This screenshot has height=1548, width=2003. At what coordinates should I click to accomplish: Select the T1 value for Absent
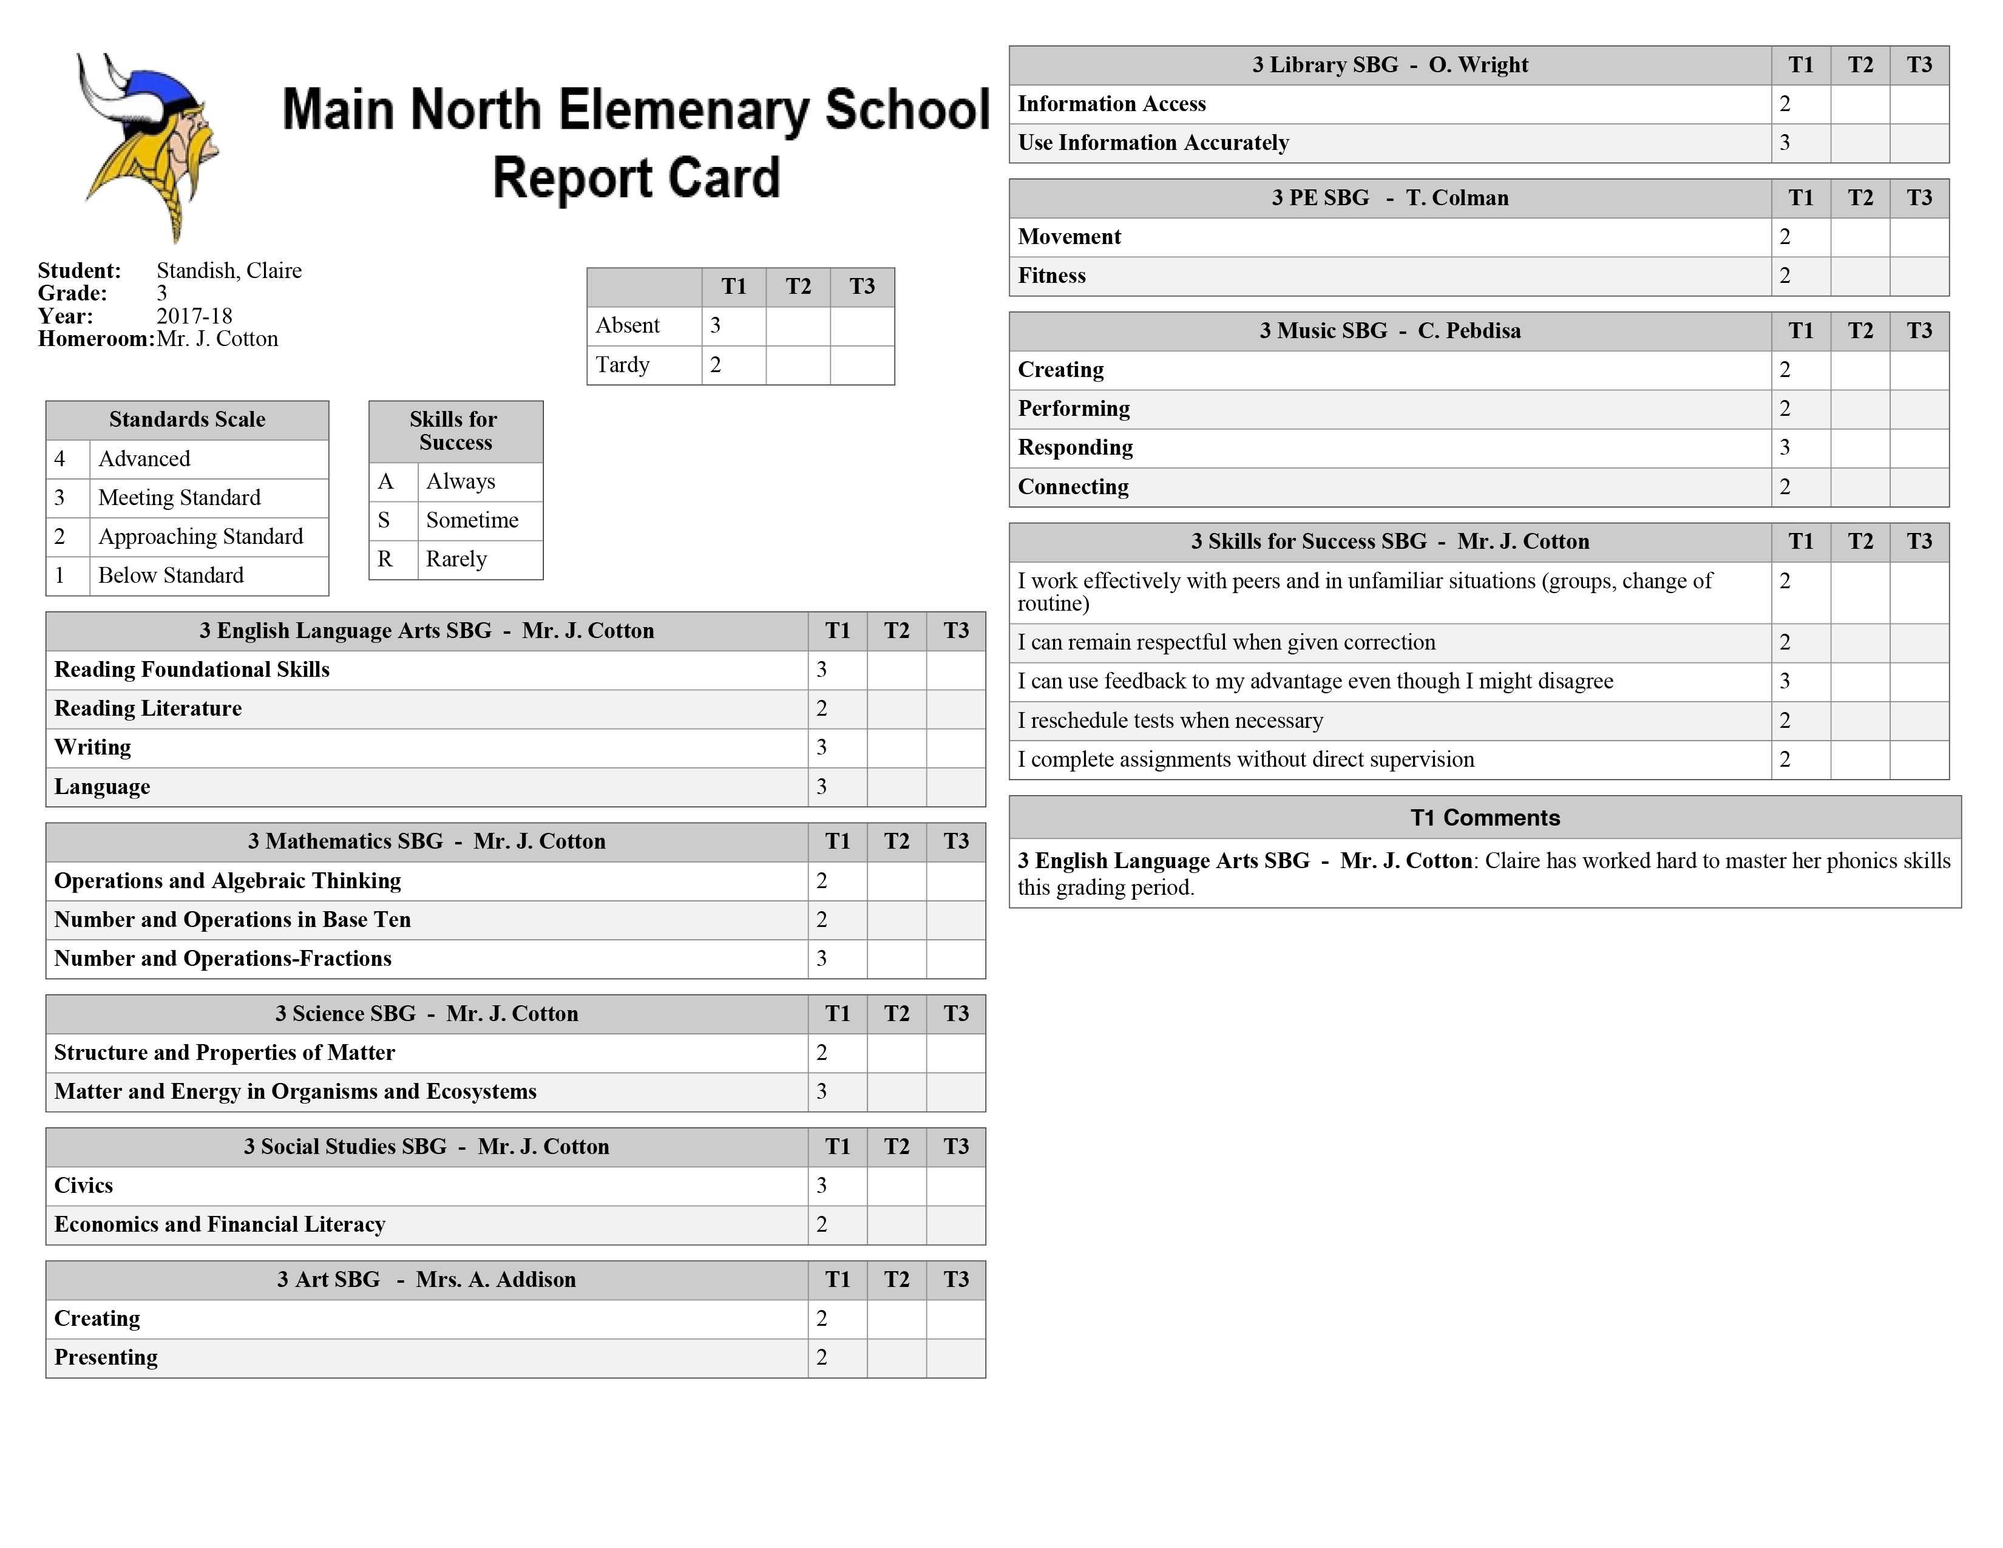716,325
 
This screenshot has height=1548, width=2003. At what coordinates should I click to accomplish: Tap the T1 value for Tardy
716,365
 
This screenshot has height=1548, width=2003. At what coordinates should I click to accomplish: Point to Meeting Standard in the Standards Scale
180,498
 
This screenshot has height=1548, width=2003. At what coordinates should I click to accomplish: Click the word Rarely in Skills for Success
456,560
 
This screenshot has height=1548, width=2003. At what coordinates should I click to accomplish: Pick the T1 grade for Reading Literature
822,709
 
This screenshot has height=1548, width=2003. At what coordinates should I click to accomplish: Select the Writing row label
93,747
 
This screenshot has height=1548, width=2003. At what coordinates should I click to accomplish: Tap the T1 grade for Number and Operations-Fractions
822,959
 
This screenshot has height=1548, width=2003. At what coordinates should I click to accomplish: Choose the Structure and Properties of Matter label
225,1053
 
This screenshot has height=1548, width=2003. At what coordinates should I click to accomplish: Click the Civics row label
84,1186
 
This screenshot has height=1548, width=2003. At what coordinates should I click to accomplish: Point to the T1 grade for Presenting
822,1358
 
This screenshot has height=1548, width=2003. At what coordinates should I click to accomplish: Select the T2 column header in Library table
1860,65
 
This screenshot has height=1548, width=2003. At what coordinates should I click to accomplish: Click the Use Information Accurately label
1153,143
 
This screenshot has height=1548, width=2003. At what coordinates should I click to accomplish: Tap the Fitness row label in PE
1052,276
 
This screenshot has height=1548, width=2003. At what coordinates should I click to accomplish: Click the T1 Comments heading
1485,818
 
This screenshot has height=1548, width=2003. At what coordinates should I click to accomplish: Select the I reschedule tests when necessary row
1170,721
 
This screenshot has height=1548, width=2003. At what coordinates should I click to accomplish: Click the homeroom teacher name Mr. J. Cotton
217,339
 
